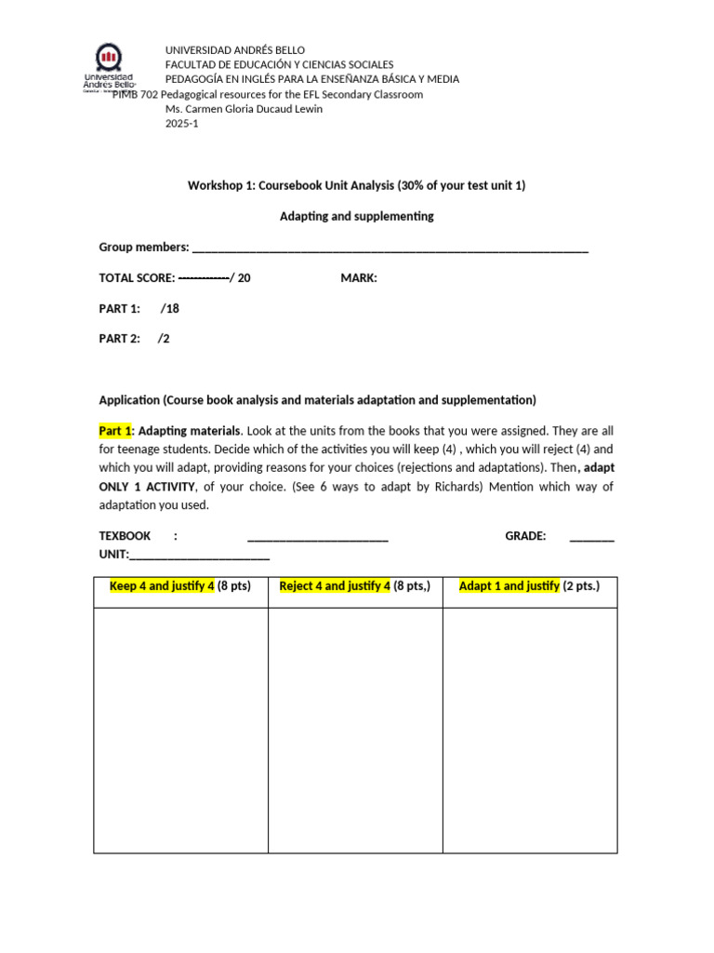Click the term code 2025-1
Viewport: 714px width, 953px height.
point(181,124)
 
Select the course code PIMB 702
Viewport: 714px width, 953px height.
point(136,94)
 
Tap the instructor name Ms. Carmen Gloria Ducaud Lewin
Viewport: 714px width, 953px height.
point(244,109)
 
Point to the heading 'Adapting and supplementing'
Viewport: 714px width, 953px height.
point(357,216)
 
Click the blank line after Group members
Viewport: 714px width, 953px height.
point(390,248)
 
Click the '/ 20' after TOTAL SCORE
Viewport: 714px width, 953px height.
point(240,277)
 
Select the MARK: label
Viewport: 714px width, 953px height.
point(359,277)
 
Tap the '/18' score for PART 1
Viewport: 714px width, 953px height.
point(169,308)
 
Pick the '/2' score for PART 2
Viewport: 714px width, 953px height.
point(164,339)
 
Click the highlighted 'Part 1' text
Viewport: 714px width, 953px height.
point(117,431)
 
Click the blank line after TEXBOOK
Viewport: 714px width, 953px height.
point(317,537)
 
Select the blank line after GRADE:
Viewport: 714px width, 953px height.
point(591,537)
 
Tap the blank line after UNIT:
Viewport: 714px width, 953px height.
point(199,556)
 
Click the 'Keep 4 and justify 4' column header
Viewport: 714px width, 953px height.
point(162,586)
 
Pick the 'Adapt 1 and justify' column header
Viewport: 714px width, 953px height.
point(509,586)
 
